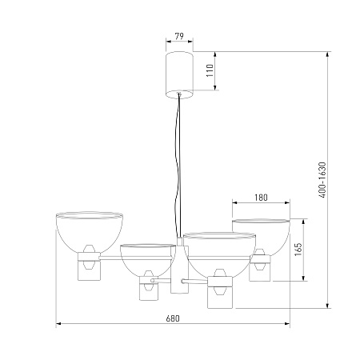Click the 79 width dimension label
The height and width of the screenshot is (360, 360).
179,36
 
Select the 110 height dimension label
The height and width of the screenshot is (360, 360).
210,70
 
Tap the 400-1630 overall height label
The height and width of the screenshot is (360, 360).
322,180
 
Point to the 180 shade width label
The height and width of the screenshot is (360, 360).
261,198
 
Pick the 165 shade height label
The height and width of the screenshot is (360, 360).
298,249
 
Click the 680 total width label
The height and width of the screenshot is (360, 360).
173,318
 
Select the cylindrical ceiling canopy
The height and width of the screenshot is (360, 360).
179,75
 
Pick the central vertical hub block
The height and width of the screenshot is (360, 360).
179,270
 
